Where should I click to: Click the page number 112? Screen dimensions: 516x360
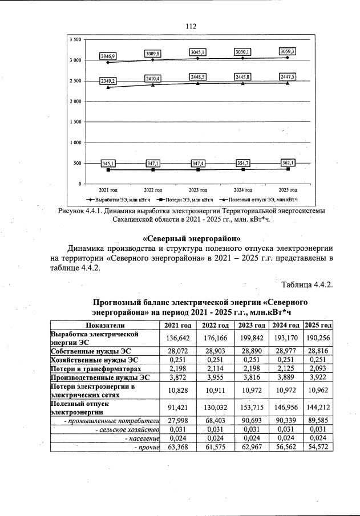(x=191, y=26)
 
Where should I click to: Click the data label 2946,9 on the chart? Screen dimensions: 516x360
(x=108, y=56)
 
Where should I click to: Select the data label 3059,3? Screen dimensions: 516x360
(x=286, y=51)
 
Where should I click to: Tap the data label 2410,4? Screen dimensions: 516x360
(x=153, y=78)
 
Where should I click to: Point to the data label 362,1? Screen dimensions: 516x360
(x=286, y=162)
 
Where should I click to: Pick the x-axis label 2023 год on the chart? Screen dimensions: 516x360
(x=197, y=189)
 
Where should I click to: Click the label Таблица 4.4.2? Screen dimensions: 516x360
(x=306, y=285)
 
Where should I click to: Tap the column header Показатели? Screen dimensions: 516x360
(x=104, y=324)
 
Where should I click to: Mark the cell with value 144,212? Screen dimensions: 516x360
(x=318, y=407)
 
